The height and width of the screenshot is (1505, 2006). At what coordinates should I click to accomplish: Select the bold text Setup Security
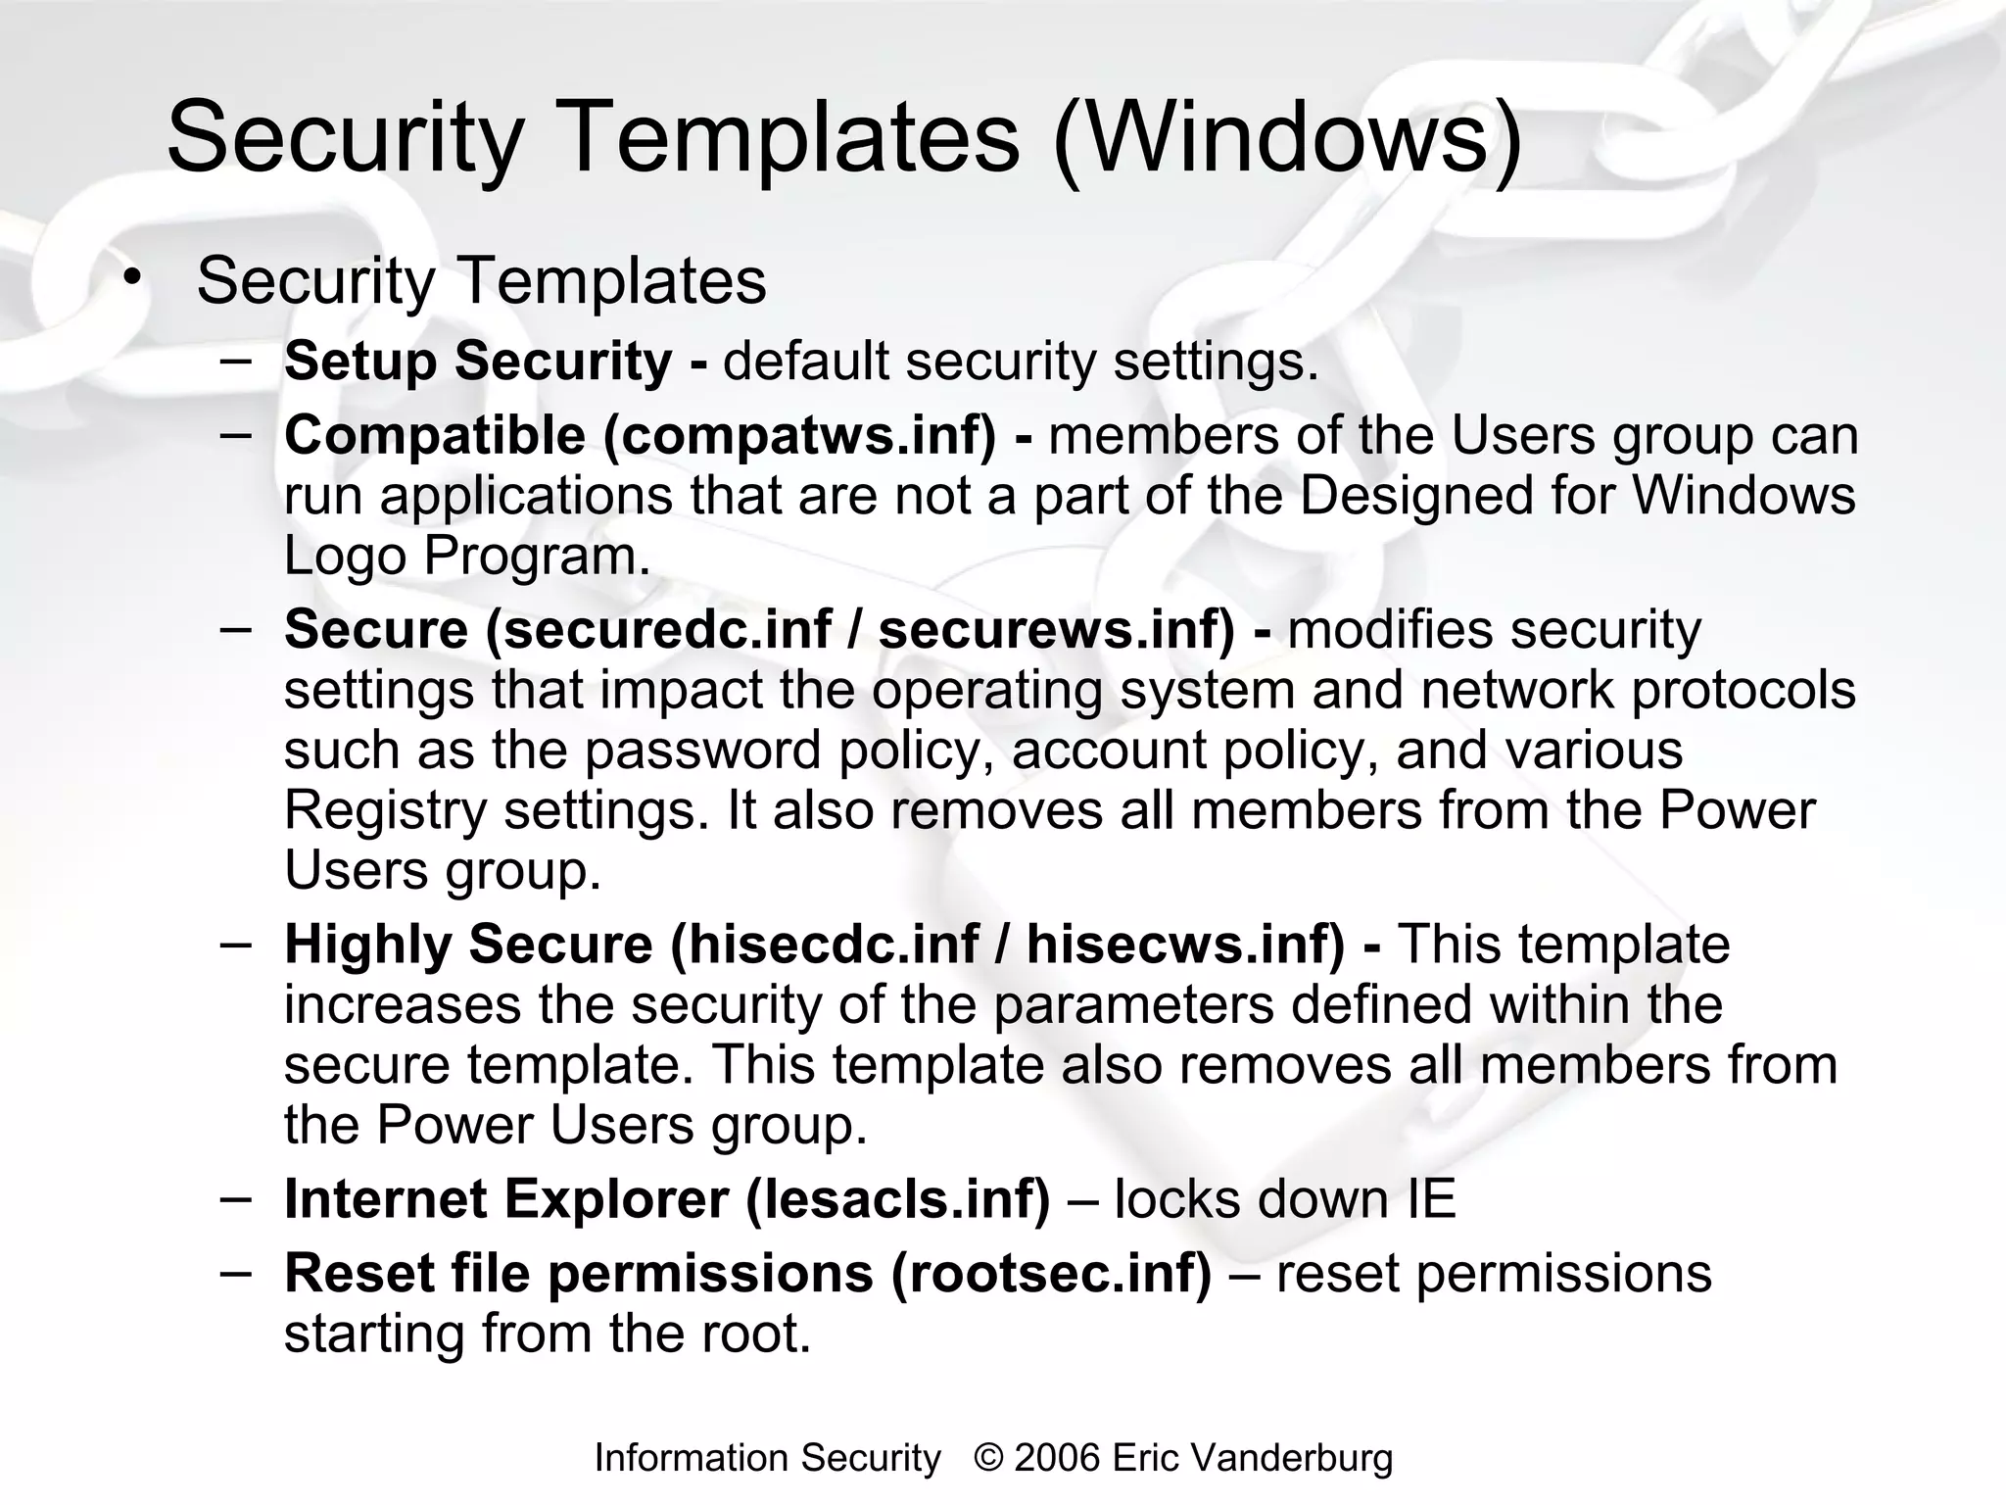click(478, 361)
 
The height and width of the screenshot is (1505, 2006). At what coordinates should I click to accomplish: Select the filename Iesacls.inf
click(897, 1198)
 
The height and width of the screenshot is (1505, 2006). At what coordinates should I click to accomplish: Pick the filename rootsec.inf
click(1051, 1273)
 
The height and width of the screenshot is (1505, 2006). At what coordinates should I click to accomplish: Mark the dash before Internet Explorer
click(235, 1196)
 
